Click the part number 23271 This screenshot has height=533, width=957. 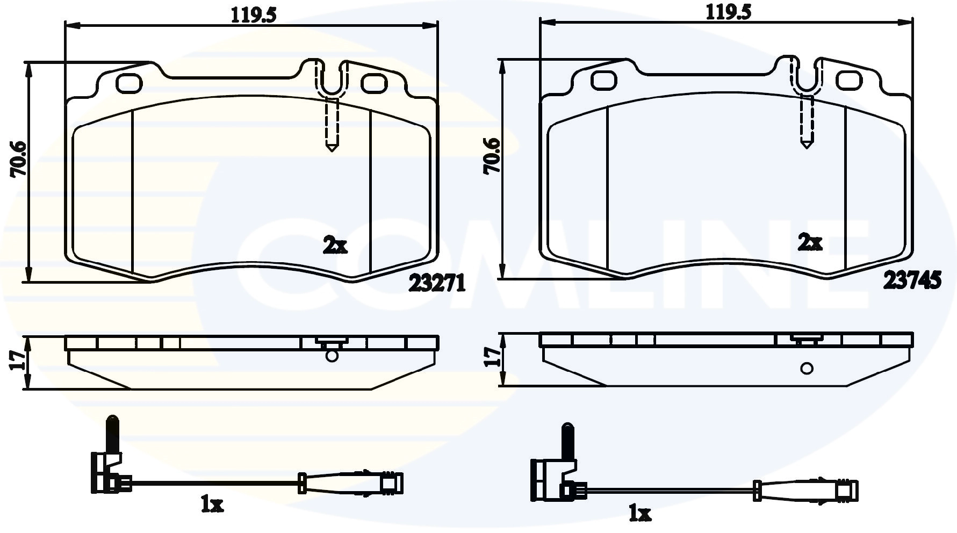437,283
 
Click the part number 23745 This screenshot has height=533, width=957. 912,280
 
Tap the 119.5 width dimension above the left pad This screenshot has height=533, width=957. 253,15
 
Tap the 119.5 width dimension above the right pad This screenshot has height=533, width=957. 729,12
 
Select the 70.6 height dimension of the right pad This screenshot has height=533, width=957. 492,156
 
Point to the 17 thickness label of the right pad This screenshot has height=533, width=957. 492,357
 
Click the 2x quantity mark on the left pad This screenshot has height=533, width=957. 335,246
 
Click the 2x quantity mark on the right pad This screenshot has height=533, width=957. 810,243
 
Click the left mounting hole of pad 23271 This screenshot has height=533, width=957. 129,82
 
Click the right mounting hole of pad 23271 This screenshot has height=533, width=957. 374,83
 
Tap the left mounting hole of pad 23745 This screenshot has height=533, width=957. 603,80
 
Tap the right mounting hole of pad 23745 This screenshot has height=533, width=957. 849,80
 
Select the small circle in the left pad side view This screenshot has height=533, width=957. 332,356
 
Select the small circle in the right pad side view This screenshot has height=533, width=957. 807,368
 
